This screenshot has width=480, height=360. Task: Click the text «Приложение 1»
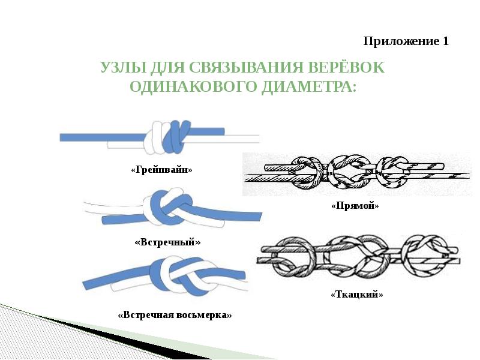pos(406,41)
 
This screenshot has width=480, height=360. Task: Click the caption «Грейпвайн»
pos(161,170)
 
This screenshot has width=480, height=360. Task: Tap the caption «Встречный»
pos(167,242)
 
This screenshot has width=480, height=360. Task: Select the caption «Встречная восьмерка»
pos(175,315)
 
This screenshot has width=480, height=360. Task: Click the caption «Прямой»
pos(355,206)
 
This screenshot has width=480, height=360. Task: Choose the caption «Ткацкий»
pos(356,295)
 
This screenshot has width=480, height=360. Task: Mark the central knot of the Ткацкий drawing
pos(358,260)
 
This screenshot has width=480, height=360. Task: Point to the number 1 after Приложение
pos(445,41)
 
